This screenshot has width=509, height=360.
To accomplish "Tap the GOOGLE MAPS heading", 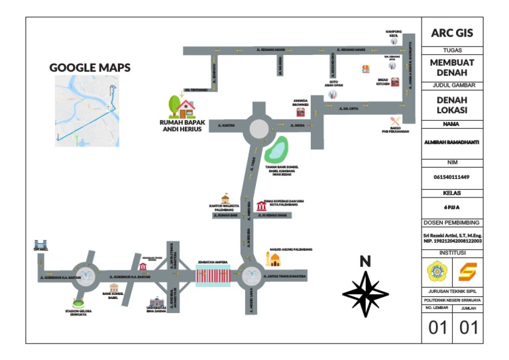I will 90,68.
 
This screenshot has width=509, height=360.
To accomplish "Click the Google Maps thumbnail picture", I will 86,109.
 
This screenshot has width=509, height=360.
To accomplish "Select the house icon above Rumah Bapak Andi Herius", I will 182,105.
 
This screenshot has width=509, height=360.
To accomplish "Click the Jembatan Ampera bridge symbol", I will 213,276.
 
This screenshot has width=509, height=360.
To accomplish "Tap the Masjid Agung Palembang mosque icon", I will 274,257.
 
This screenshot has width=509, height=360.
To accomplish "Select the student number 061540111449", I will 452,177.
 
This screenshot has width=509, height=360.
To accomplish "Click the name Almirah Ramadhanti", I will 452,141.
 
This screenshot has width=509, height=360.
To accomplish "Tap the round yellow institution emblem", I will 437,270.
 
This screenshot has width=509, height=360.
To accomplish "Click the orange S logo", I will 468,270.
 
